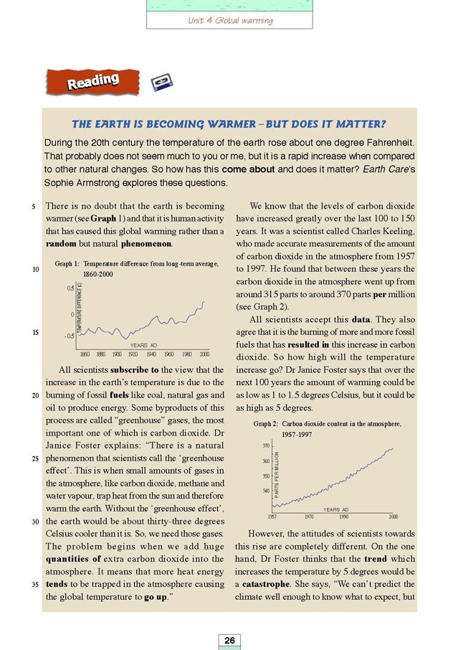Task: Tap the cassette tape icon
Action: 161,84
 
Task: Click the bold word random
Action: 62,245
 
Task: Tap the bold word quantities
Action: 70,561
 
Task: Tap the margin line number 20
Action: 35,395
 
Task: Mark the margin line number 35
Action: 35,584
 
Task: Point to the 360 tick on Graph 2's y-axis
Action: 266,461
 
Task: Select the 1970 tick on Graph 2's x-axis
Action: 309,517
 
